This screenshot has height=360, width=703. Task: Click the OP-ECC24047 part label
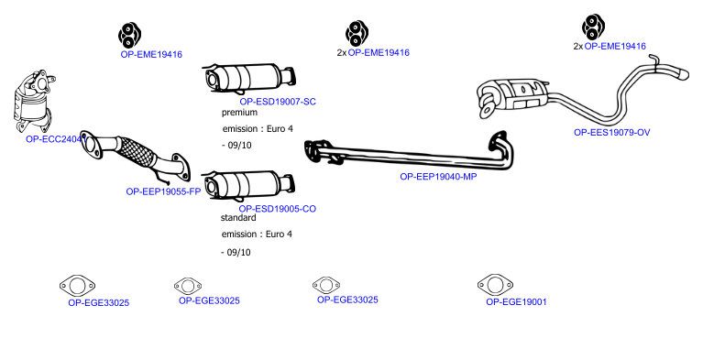coord(56,139)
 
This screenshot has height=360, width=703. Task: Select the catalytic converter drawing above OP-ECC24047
coord(34,101)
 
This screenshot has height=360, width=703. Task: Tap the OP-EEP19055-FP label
coord(163,191)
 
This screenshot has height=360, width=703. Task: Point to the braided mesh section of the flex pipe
coord(137,150)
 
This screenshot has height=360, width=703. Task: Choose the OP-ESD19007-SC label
coord(278,102)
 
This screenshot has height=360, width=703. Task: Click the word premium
coord(239,113)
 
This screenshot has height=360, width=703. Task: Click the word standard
coord(238,217)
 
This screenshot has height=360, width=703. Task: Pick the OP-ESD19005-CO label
coord(277,209)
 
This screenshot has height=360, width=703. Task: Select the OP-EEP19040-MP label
coord(438,177)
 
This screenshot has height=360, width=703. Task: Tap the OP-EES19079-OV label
coord(611,132)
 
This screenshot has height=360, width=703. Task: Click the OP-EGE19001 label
coord(516,301)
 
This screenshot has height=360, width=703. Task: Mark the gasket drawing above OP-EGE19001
coord(495,285)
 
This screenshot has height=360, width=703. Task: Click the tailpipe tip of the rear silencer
coord(682,74)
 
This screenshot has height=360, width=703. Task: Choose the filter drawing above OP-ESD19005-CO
coord(248,185)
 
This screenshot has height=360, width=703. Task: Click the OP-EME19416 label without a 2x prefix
coord(151,54)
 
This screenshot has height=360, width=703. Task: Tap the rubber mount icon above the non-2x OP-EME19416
coord(129,35)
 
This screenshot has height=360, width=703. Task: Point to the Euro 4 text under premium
coord(280,129)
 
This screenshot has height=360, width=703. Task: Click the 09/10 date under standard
coord(238,253)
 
